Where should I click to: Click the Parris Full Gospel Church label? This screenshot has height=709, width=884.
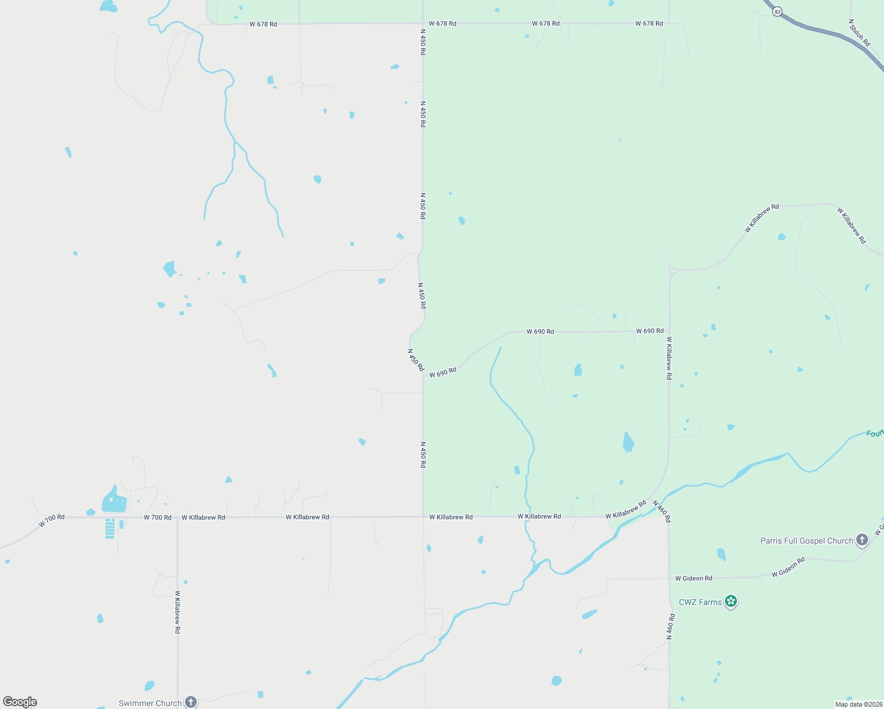click(807, 541)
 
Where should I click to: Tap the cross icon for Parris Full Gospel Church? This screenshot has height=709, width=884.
click(862, 539)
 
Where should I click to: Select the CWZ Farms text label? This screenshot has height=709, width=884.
click(700, 602)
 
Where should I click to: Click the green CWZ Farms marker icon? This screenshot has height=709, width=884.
click(731, 601)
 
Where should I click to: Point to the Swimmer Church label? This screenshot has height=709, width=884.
click(150, 703)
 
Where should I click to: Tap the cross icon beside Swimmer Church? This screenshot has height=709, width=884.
click(190, 702)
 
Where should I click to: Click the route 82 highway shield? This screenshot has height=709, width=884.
click(777, 11)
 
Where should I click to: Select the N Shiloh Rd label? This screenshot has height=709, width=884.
click(859, 33)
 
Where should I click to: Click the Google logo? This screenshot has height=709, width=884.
click(20, 702)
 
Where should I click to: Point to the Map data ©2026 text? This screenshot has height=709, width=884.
click(858, 704)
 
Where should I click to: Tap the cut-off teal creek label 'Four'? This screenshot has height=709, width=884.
click(875, 434)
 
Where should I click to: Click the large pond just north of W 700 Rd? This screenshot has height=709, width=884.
click(113, 501)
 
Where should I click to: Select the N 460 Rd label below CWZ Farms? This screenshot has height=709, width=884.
click(671, 627)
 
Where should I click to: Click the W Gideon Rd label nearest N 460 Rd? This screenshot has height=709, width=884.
click(694, 578)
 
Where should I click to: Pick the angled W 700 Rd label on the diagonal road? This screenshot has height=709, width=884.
click(51, 521)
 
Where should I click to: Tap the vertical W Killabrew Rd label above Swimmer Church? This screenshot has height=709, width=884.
click(177, 612)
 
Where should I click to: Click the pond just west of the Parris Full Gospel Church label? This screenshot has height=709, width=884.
click(721, 554)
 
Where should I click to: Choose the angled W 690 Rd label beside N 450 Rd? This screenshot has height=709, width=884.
click(443, 373)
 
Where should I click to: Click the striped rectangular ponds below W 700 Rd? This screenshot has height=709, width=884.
click(110, 528)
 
